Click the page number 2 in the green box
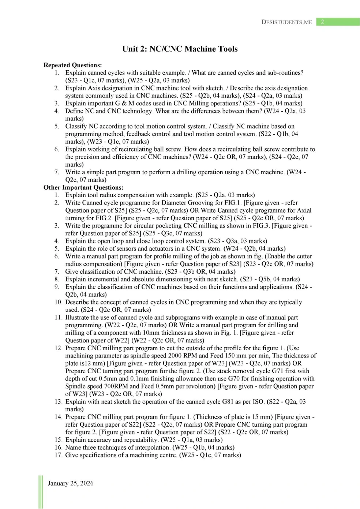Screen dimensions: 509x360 [322, 22]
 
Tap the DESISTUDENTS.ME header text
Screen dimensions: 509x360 [286, 22]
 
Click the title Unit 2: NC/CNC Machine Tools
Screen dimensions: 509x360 [180, 49]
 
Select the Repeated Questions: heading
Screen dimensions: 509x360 [72, 65]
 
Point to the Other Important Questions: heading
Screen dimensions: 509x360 [83, 187]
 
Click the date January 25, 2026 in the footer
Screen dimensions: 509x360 [71, 483]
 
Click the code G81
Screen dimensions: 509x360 [228, 401]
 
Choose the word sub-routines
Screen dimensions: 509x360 [285, 73]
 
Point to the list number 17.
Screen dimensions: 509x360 [59, 455]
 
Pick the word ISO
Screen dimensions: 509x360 [258, 401]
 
